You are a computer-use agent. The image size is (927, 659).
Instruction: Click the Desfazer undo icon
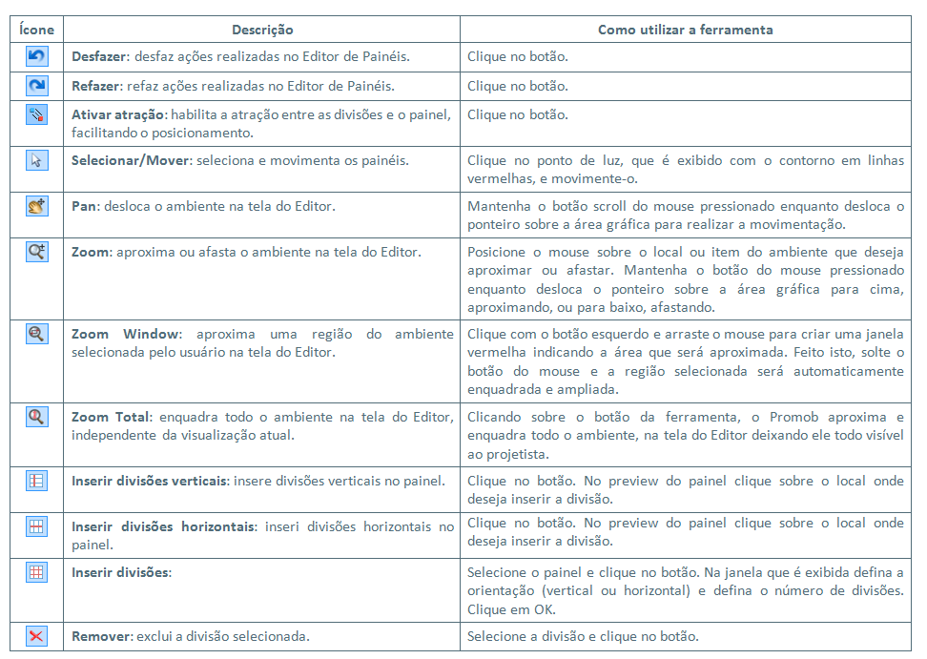pyautogui.click(x=36, y=57)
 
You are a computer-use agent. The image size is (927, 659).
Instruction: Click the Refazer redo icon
pyautogui.click(x=36, y=87)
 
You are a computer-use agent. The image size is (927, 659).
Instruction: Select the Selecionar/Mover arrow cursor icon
pyautogui.click(x=36, y=160)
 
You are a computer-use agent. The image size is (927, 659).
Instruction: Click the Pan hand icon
pyautogui.click(x=36, y=205)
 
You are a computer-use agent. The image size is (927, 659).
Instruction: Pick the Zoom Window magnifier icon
pyautogui.click(x=36, y=334)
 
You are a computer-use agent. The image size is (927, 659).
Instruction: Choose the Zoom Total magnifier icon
pyautogui.click(x=36, y=416)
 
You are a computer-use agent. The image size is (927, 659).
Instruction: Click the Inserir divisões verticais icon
pyautogui.click(x=36, y=481)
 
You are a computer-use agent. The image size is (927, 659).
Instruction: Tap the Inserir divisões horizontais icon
pyautogui.click(x=36, y=525)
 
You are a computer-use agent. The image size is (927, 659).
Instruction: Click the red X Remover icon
pyautogui.click(x=36, y=635)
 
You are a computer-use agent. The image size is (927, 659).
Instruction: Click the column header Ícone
pyautogui.click(x=36, y=31)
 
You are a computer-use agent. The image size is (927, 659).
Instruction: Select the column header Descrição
pyautogui.click(x=262, y=31)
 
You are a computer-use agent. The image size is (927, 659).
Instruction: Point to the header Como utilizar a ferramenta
pyautogui.click(x=685, y=31)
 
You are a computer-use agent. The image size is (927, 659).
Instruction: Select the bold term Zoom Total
pyautogui.click(x=110, y=418)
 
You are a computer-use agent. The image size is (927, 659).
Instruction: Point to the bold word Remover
pyautogui.click(x=101, y=636)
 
